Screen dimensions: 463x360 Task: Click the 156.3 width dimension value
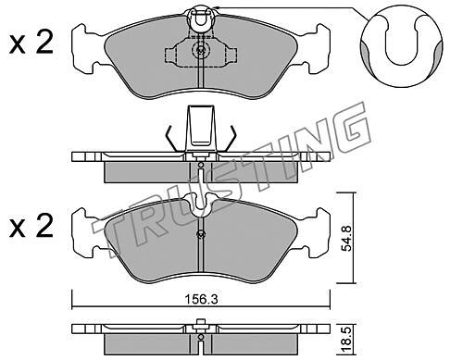pos(201,299)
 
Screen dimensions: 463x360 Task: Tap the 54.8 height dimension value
pos(347,238)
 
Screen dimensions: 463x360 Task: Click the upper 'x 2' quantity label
pos(31,43)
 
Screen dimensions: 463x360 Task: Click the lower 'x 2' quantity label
pos(31,228)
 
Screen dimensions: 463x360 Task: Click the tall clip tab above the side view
pos(201,126)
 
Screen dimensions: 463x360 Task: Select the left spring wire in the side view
pos(171,138)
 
